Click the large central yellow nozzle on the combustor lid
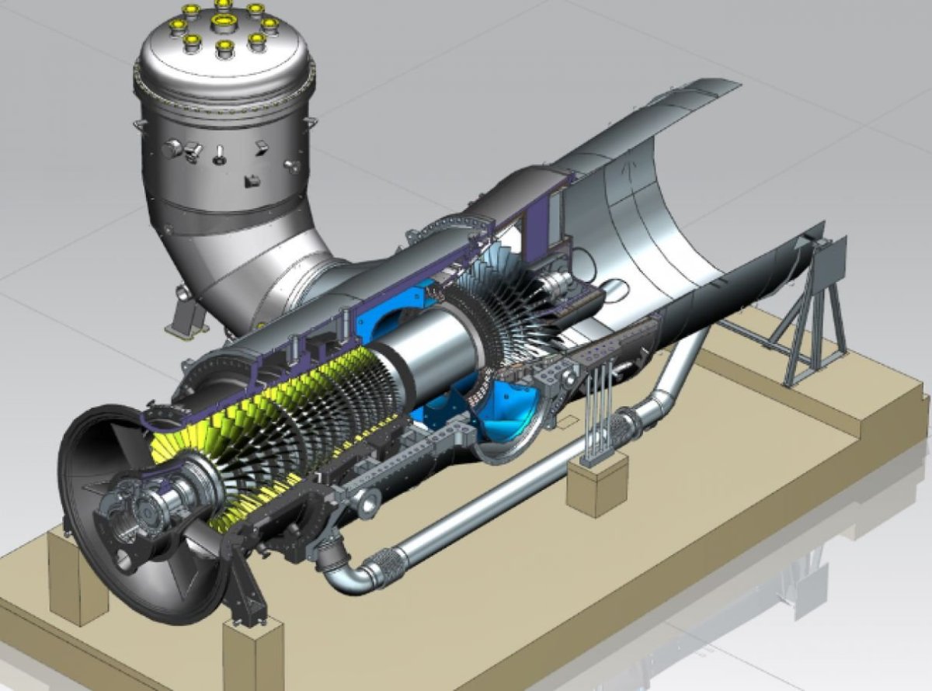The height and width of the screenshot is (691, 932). click(224, 19)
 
